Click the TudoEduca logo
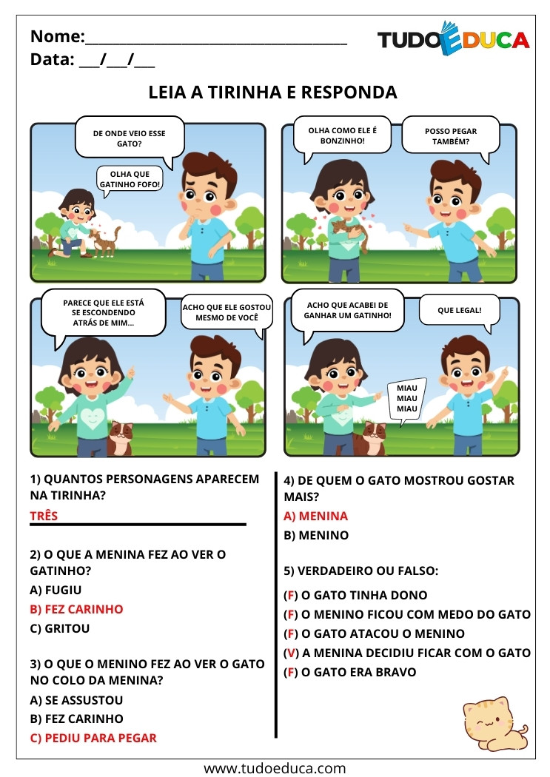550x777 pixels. [453, 38]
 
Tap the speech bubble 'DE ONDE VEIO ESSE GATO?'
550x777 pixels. [129, 138]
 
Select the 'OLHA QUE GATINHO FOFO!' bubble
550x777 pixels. [130, 179]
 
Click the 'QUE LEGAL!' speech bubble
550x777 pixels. [459, 310]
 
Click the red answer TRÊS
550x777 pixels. [44, 516]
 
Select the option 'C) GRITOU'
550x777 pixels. [59, 628]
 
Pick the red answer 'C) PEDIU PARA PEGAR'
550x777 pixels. [93, 738]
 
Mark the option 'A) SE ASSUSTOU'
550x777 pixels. [76, 700]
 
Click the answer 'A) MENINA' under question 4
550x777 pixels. [316, 516]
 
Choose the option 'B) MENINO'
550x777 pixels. [316, 535]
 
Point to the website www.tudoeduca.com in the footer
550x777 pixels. [275, 767]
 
